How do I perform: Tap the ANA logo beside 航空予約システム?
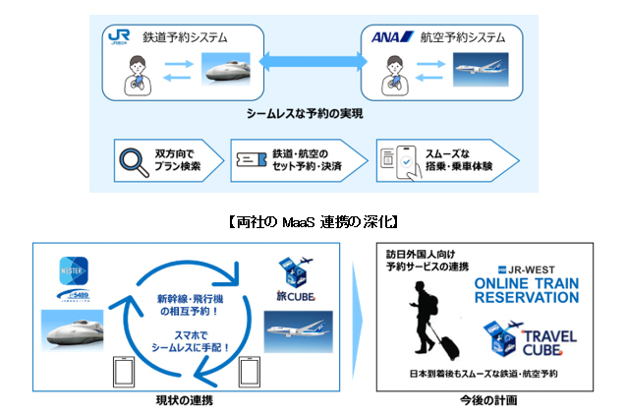click(384, 38)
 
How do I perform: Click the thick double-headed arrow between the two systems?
click(313, 62)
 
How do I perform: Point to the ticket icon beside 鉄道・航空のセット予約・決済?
click(251, 159)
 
